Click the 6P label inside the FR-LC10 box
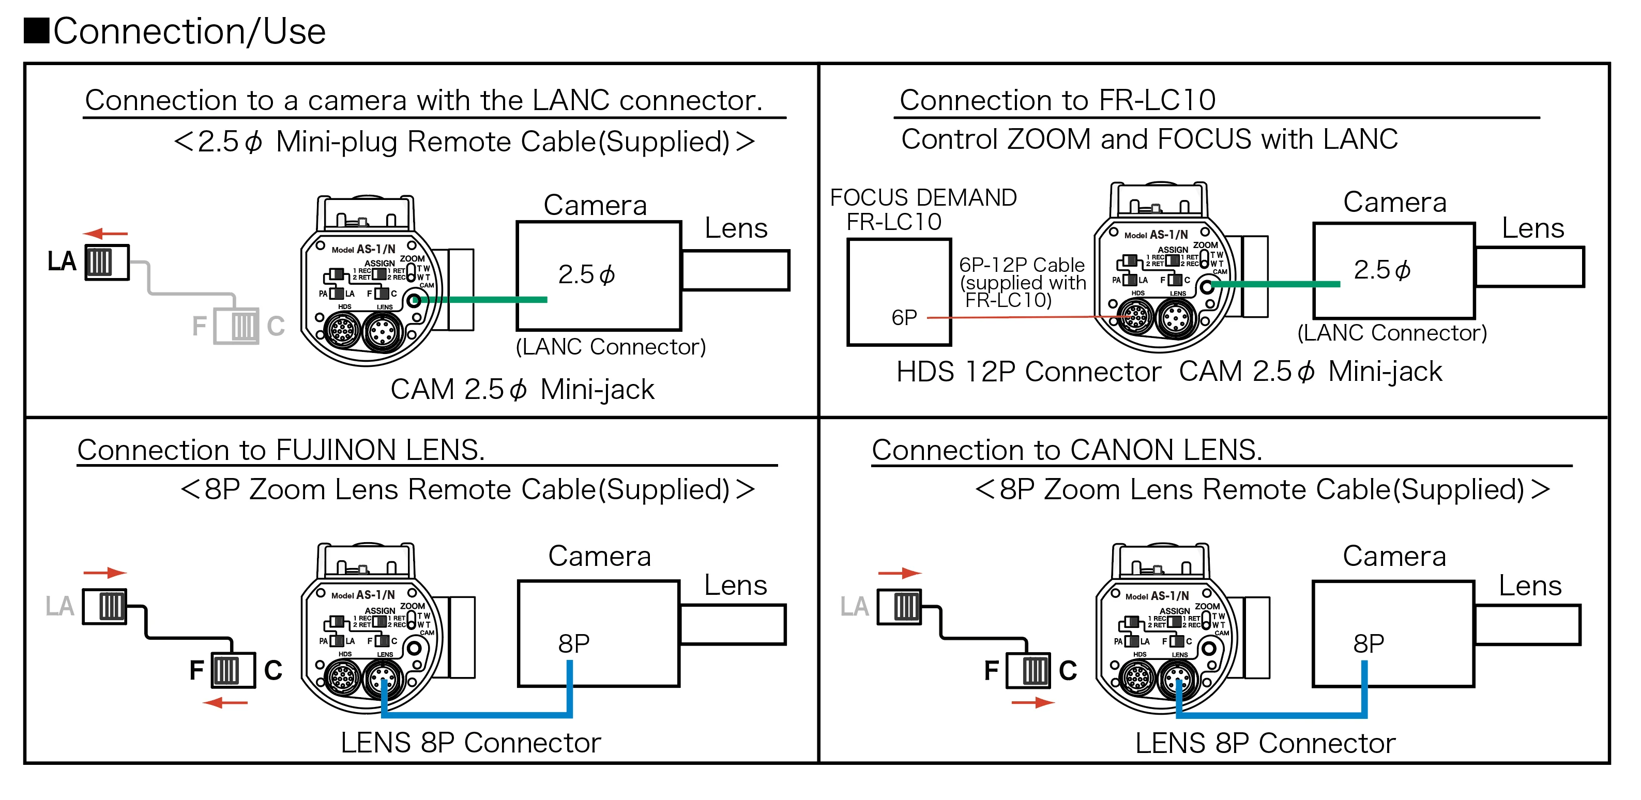(x=904, y=317)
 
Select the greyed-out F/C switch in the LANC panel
(x=236, y=326)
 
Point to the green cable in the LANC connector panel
(x=484, y=299)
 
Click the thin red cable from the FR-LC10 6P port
(x=1019, y=317)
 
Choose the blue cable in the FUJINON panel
(x=478, y=715)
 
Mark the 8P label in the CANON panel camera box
(x=1369, y=643)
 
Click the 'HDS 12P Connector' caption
(x=1028, y=372)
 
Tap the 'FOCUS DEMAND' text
(x=923, y=197)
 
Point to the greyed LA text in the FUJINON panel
(x=60, y=606)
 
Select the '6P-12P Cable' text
(x=1022, y=264)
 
